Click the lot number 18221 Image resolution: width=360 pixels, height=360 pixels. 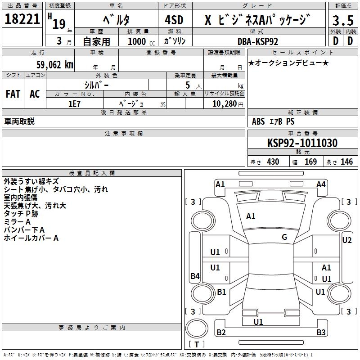22,19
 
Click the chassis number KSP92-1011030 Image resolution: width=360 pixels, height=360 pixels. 302,143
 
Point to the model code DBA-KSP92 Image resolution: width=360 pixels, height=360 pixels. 258,41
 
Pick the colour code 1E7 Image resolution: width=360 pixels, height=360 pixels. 74,103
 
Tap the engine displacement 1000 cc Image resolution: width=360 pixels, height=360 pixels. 141,41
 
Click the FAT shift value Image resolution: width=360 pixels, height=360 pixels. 13,94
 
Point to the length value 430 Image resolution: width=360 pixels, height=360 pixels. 273,162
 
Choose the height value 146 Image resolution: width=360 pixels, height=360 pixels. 346,162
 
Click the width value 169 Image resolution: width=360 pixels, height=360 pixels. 310,162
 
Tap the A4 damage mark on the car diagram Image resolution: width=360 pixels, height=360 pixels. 321,184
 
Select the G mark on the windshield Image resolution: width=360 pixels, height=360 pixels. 284,237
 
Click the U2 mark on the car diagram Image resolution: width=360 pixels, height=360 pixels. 346,240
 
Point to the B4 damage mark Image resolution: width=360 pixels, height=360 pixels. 195,276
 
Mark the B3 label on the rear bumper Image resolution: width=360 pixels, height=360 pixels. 321,333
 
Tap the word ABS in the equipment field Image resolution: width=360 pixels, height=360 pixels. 258,121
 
